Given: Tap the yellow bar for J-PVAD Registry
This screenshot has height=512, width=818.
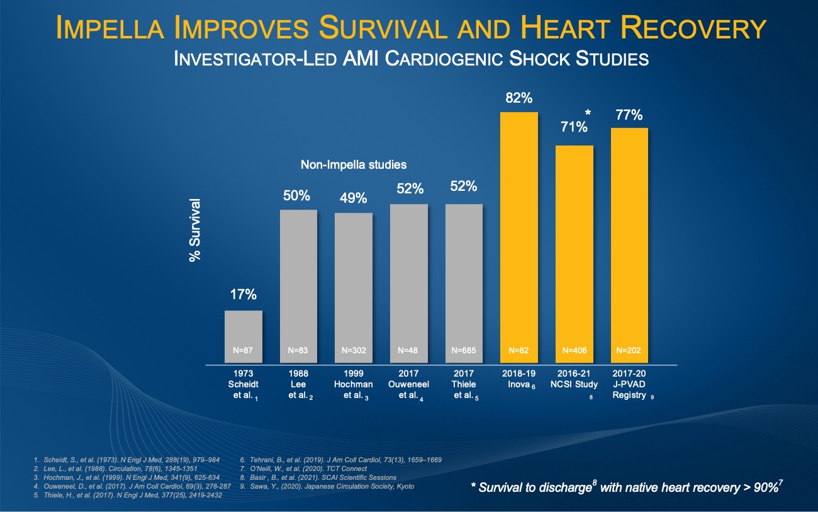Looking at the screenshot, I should point(629,246).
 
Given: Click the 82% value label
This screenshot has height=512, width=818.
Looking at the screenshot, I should point(519,98).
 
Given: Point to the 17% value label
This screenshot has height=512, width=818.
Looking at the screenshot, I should point(244,295).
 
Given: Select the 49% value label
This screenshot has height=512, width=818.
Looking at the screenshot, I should point(354,198).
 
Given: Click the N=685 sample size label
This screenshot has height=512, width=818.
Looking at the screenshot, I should point(464,350).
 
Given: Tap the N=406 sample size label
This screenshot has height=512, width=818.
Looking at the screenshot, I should point(574,350).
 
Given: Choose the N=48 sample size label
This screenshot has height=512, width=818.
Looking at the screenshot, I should point(409,350).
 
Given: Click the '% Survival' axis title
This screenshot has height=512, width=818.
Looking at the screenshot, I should point(195,230).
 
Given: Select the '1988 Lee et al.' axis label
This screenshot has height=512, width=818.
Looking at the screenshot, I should point(298,384).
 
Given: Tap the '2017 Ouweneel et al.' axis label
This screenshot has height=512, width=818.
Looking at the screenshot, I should point(409,384).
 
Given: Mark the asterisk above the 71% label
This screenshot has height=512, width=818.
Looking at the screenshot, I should point(588,113).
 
